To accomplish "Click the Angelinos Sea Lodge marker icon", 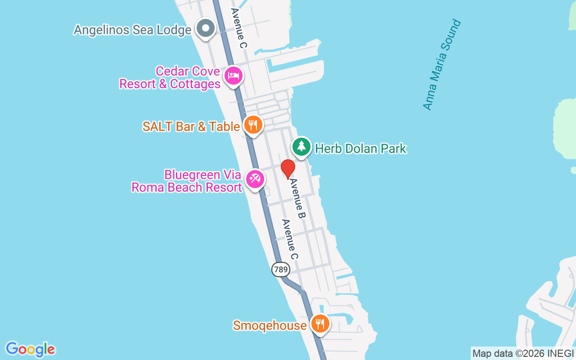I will pyautogui.click(x=206, y=28).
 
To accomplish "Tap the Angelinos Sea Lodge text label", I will pyautogui.click(x=132, y=30).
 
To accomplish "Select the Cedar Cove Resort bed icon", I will pyautogui.click(x=233, y=75).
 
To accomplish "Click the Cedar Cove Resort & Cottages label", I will pyautogui.click(x=170, y=78).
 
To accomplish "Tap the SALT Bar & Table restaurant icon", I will pyautogui.click(x=253, y=125).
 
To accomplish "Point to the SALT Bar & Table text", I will pyautogui.click(x=191, y=126).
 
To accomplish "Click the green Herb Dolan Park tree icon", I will pyautogui.click(x=301, y=146).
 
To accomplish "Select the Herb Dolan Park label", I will pyautogui.click(x=360, y=148).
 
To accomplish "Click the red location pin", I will pyautogui.click(x=288, y=169).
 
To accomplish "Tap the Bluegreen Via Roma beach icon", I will pyautogui.click(x=255, y=179).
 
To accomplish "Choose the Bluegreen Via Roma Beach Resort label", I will pyautogui.click(x=186, y=181).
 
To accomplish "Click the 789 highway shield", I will pyautogui.click(x=281, y=270).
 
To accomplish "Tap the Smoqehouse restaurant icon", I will pyautogui.click(x=320, y=324).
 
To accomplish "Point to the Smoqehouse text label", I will pyautogui.click(x=270, y=325).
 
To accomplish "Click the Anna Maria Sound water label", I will pyautogui.click(x=442, y=65).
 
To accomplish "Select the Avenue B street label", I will pyautogui.click(x=297, y=198).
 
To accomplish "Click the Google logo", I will pyautogui.click(x=30, y=349).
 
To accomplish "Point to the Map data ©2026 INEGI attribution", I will pyautogui.click(x=523, y=354).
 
